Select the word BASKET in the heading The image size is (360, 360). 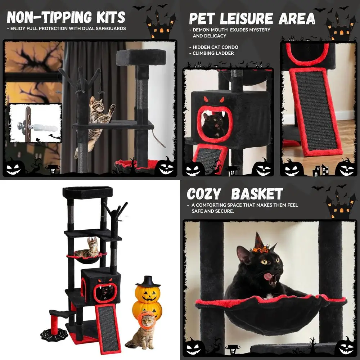[x=257, y=194]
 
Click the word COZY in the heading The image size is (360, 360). [x=204, y=194]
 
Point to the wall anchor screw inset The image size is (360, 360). [x=35, y=123]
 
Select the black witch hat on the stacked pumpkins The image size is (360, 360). [x=148, y=280]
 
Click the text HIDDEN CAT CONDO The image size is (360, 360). [x=215, y=47]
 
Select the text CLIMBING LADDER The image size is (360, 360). [x=213, y=53]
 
